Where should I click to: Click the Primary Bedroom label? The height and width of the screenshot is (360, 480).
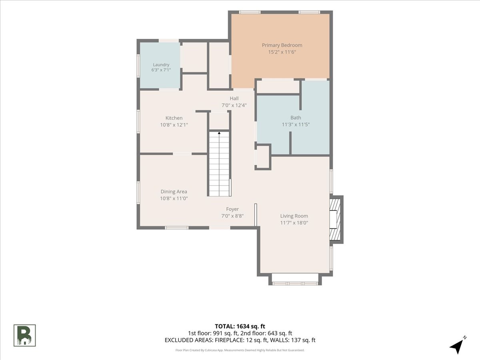[282, 45]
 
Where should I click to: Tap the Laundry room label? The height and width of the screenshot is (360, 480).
[161, 65]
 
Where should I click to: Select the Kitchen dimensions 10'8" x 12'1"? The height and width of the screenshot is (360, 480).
[174, 125]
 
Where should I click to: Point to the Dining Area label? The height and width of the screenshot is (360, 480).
[174, 192]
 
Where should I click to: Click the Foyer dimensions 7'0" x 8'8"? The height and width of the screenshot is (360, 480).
[232, 216]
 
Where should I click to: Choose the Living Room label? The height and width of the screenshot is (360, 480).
[294, 216]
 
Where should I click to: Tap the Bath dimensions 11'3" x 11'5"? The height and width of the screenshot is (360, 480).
[296, 124]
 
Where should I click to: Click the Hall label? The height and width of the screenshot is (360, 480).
[234, 98]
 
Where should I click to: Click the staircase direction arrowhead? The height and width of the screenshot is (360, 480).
[219, 133]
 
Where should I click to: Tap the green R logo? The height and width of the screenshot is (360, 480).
[24, 336]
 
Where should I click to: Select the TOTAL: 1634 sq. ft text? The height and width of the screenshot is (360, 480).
[240, 326]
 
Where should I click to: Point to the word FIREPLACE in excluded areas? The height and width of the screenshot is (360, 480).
[229, 340]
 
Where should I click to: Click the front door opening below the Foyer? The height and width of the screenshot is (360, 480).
[220, 228]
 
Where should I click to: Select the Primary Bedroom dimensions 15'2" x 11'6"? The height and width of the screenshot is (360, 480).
[282, 52]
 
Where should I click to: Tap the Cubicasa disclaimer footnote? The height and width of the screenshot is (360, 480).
[240, 350]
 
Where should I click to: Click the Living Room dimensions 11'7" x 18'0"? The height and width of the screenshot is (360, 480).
[294, 223]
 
